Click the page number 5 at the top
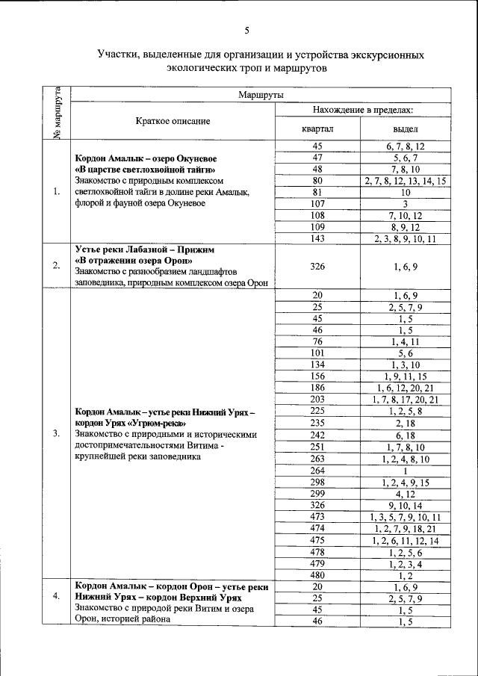pyautogui.click(x=246, y=31)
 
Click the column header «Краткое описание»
pyautogui.click(x=173, y=120)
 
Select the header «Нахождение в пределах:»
pyautogui.click(x=363, y=110)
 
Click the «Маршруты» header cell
pyautogui.click(x=259, y=95)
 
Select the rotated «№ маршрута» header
pyautogui.click(x=57, y=113)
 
